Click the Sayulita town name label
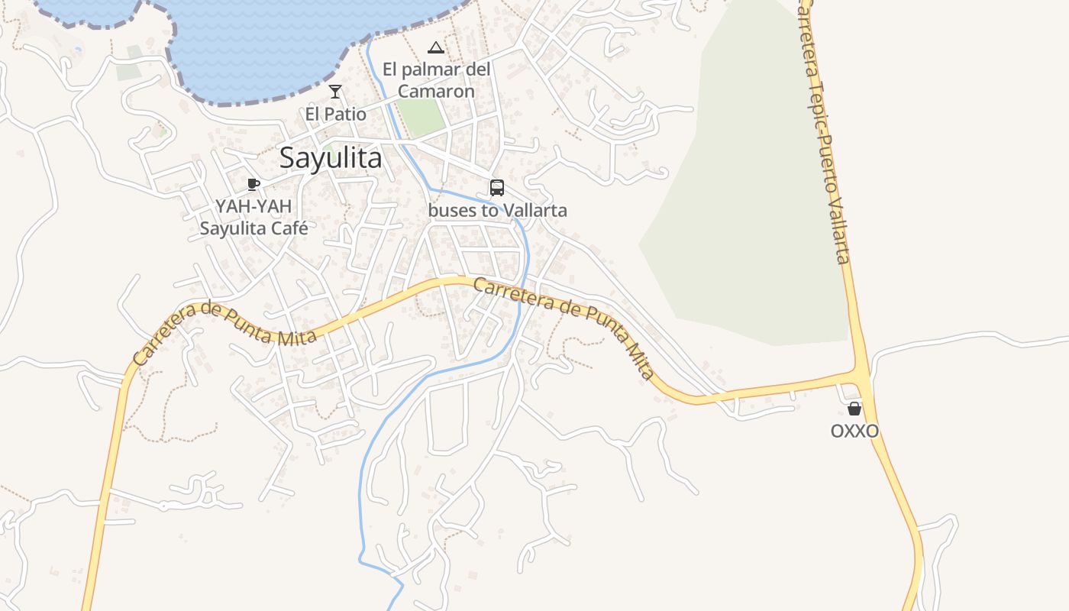pos(330,158)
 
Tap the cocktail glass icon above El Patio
pos(335,92)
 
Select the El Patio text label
pos(335,114)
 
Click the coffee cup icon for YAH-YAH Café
pos(254,184)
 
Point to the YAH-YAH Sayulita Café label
pos(253,217)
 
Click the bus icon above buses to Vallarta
pos(497,187)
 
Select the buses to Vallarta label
pos(498,210)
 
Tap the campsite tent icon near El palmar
pos(435,48)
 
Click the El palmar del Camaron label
pos(436,80)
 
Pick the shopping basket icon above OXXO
pos(854,409)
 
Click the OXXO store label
pos(854,432)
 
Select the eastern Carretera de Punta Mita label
pos(565,325)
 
